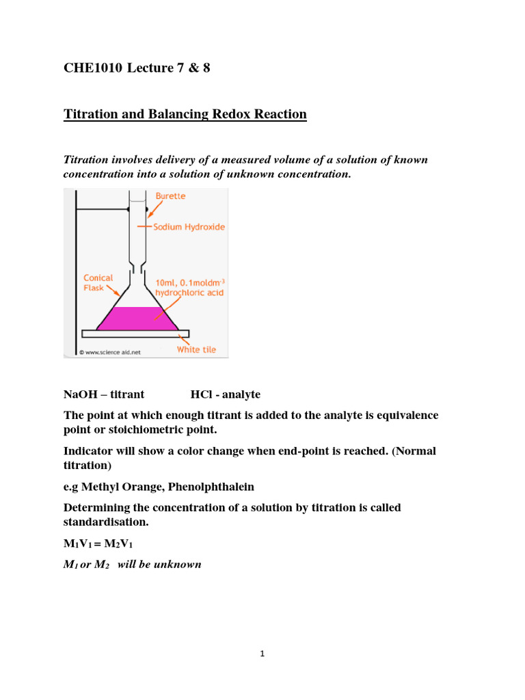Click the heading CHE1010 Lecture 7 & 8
point(137,68)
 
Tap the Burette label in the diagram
point(170,196)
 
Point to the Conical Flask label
point(98,283)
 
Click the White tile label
point(196,349)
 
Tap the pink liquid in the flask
point(137,319)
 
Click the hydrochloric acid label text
point(189,293)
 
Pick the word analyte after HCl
point(239,395)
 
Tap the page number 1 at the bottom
point(262,654)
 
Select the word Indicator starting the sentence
point(90,451)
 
